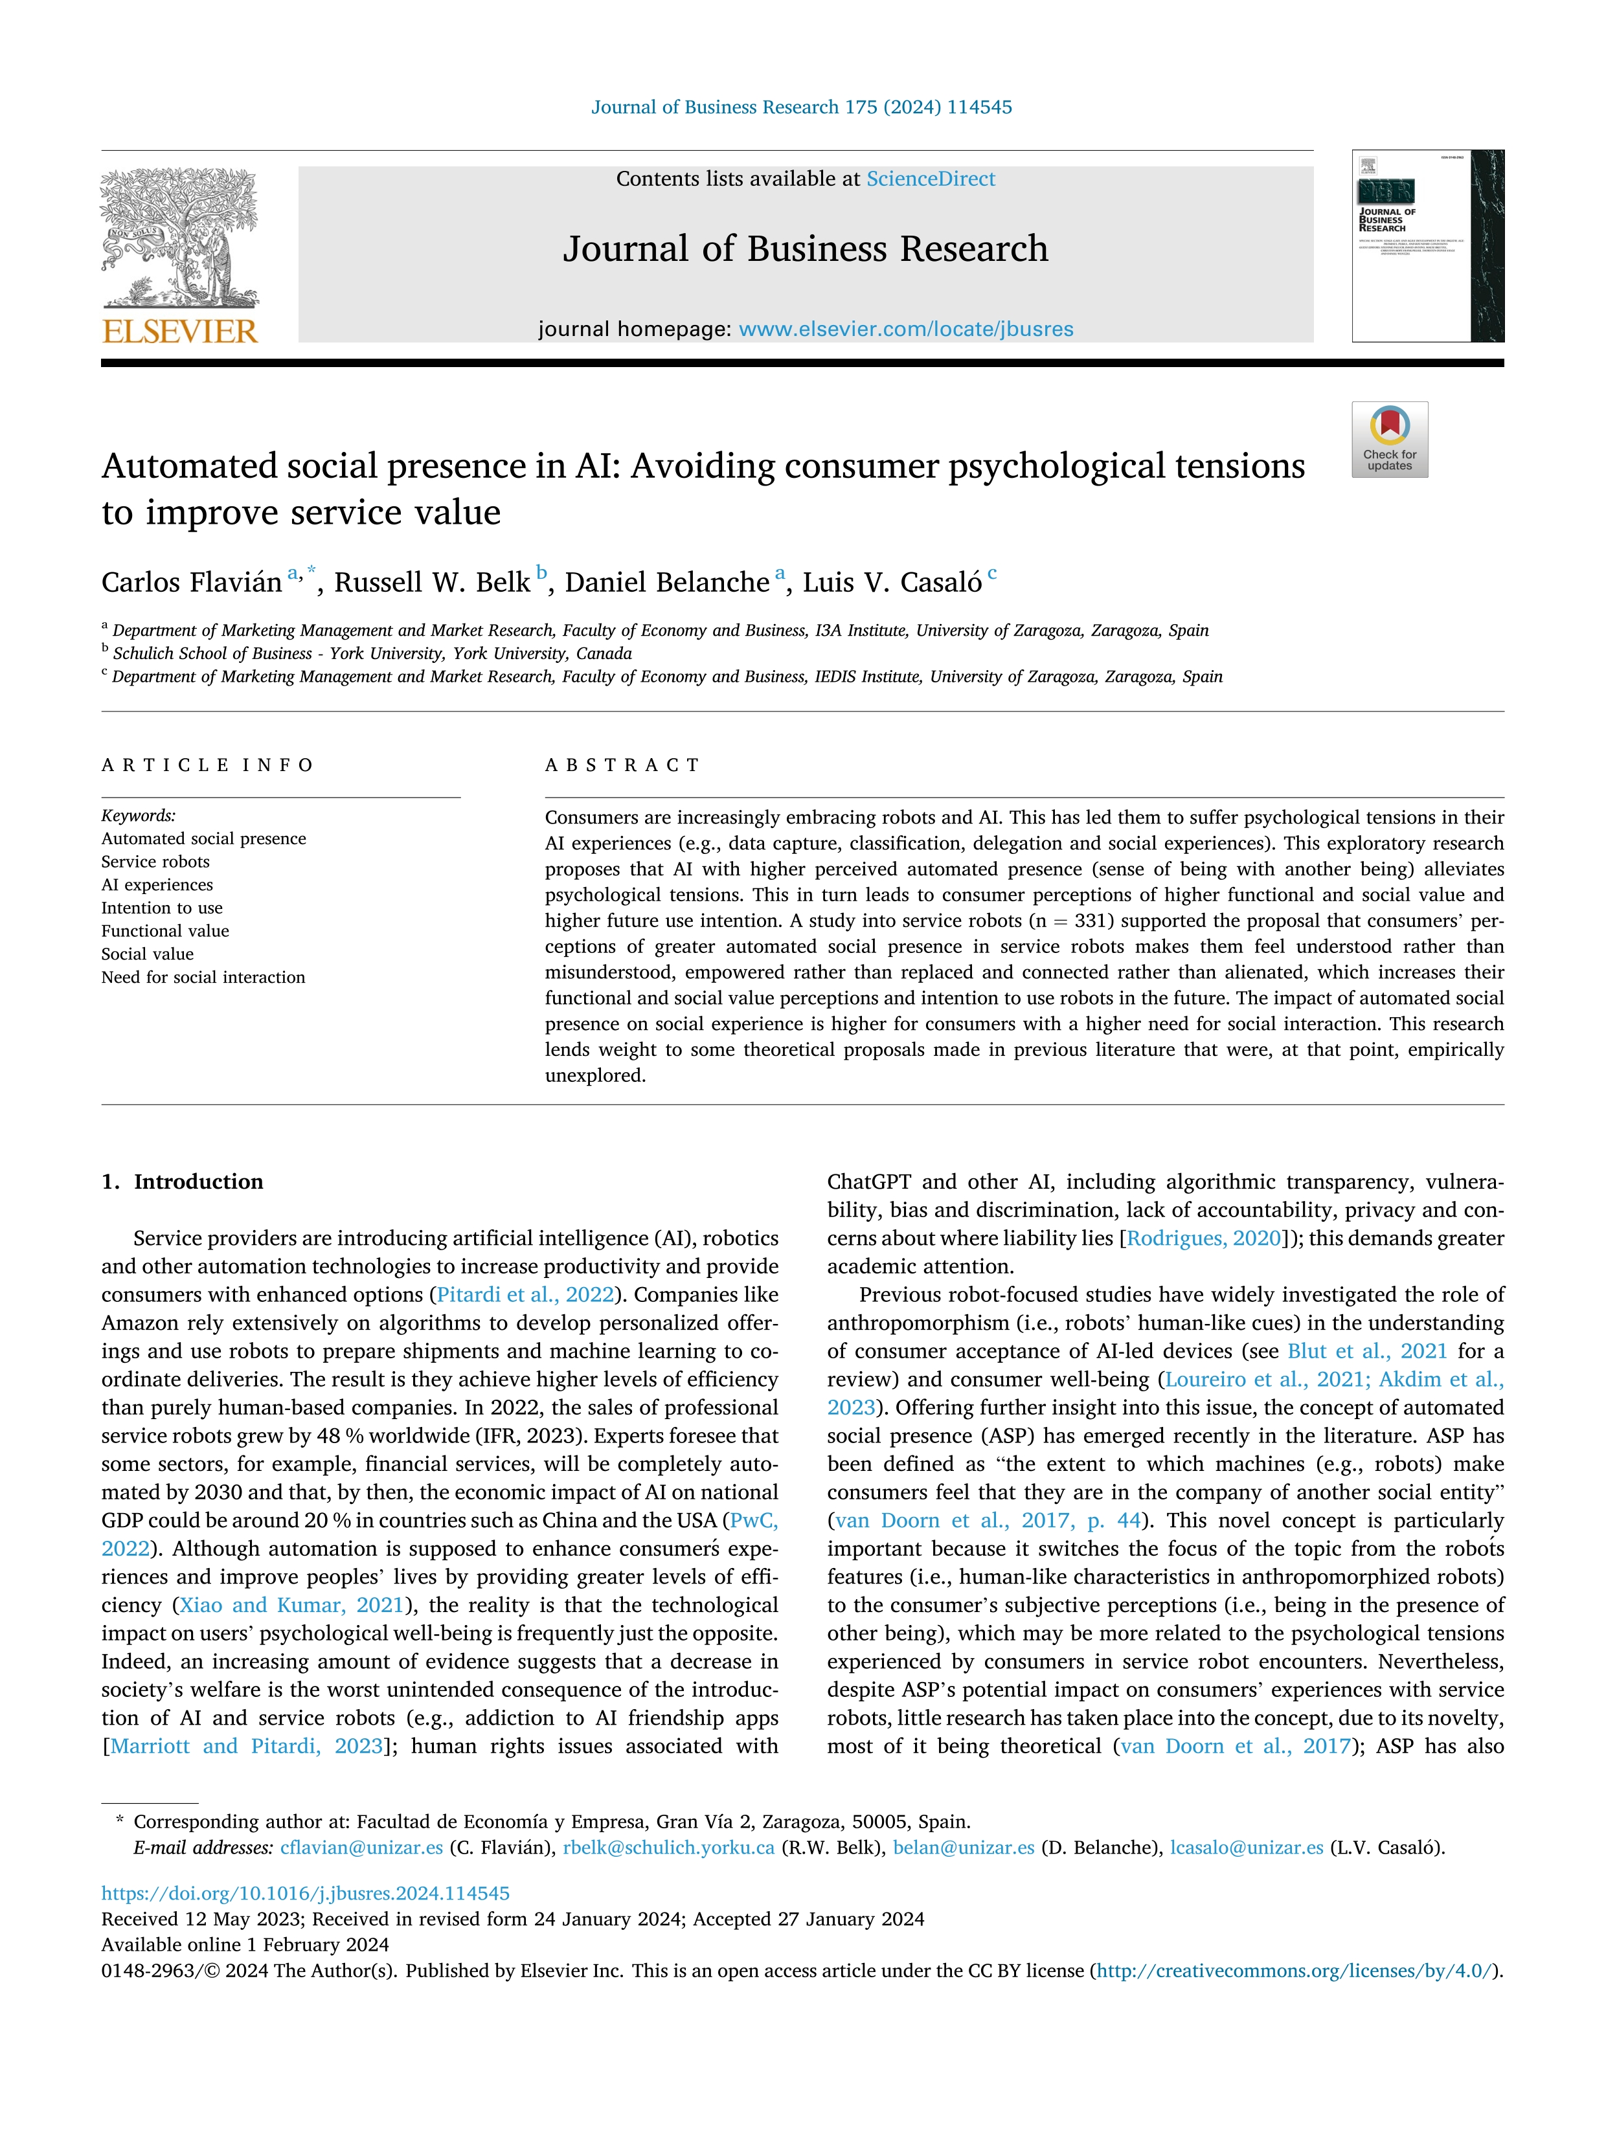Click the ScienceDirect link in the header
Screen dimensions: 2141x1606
point(931,179)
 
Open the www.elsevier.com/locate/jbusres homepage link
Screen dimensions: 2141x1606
point(905,329)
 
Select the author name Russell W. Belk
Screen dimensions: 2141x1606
point(432,583)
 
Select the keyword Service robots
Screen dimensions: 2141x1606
point(155,862)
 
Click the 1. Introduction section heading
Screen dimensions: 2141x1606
point(183,1182)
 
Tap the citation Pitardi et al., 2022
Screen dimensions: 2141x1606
point(525,1295)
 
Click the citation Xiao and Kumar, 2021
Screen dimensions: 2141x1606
point(291,1605)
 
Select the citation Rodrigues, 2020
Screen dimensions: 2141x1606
point(1203,1239)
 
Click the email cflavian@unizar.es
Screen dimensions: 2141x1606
point(361,1848)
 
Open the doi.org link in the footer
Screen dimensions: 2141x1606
point(305,1893)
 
